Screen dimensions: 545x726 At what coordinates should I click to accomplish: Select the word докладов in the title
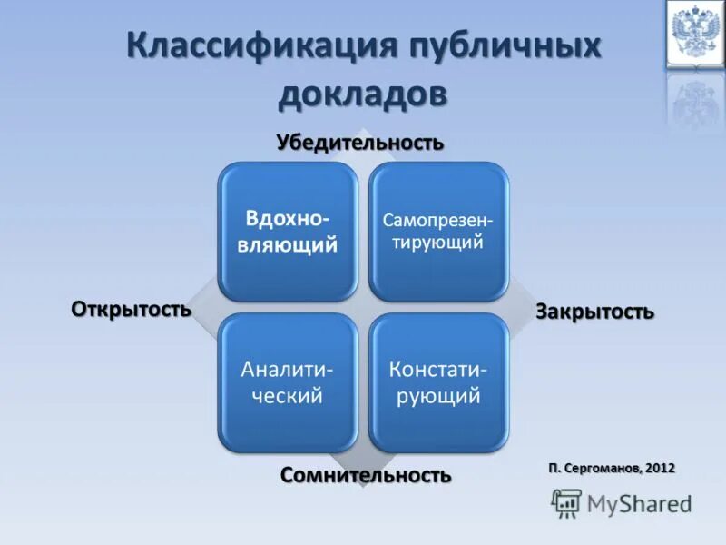363,94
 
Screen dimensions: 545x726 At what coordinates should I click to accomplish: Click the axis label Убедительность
360,143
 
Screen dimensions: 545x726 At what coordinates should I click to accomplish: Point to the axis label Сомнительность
366,474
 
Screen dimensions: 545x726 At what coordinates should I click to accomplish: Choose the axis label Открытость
132,309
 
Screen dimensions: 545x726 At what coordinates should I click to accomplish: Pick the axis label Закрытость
594,312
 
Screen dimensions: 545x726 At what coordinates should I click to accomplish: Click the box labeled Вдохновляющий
288,232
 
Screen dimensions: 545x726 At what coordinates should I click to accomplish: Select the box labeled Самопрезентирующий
438,232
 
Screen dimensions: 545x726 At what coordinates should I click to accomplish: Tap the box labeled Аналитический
288,382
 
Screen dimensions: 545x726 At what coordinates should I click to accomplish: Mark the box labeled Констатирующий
438,382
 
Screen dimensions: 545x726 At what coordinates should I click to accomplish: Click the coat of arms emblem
694,33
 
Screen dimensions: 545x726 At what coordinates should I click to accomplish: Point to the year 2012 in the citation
661,468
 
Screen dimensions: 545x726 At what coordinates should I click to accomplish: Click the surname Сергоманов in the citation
603,468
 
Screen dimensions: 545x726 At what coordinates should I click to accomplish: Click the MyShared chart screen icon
566,502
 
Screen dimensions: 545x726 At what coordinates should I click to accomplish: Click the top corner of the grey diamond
363,130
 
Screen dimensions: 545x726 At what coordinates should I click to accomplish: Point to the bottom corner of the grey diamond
363,487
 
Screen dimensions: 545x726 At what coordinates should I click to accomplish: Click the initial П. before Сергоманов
554,468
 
